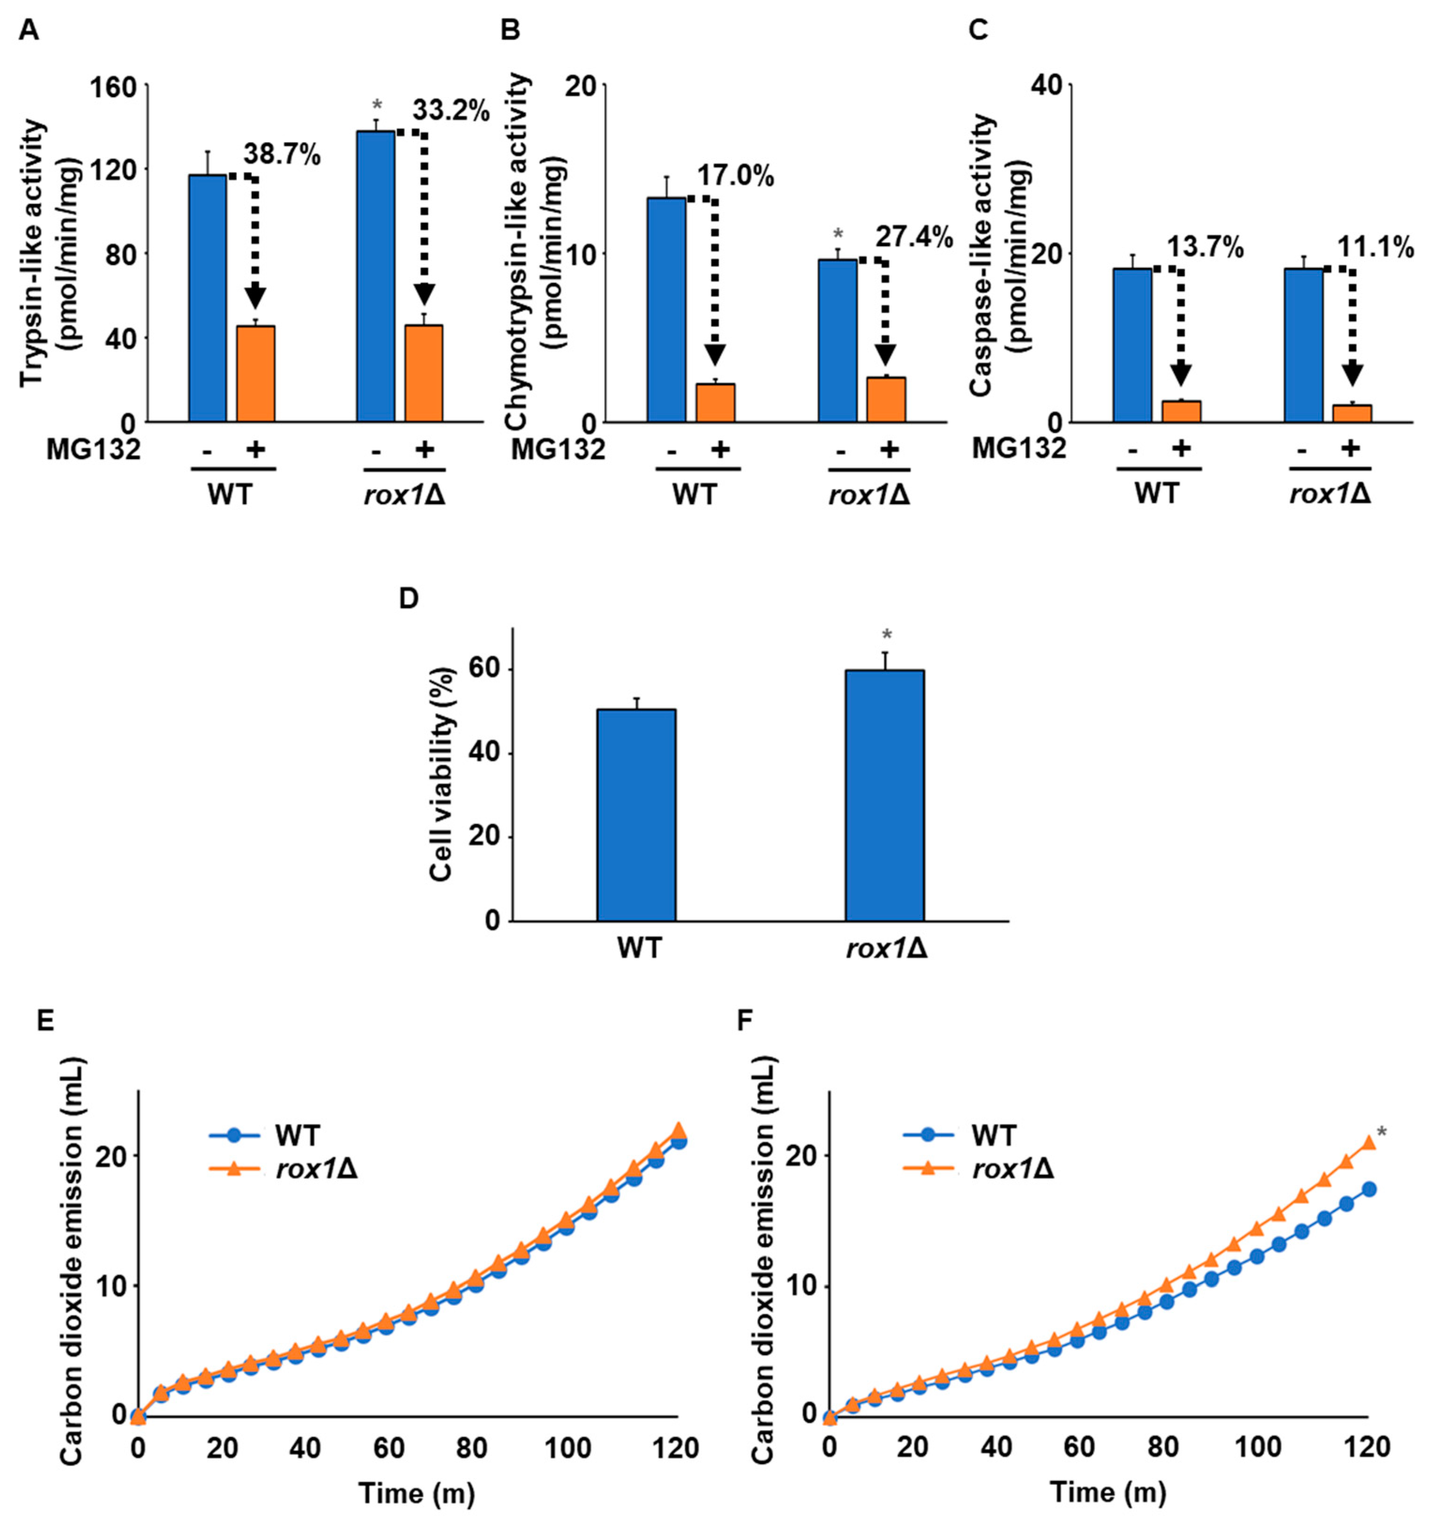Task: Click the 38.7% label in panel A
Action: pos(282,155)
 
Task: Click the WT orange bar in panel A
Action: pos(255,374)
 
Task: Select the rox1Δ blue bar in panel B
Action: pos(837,340)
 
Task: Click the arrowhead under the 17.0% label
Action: pos(715,355)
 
